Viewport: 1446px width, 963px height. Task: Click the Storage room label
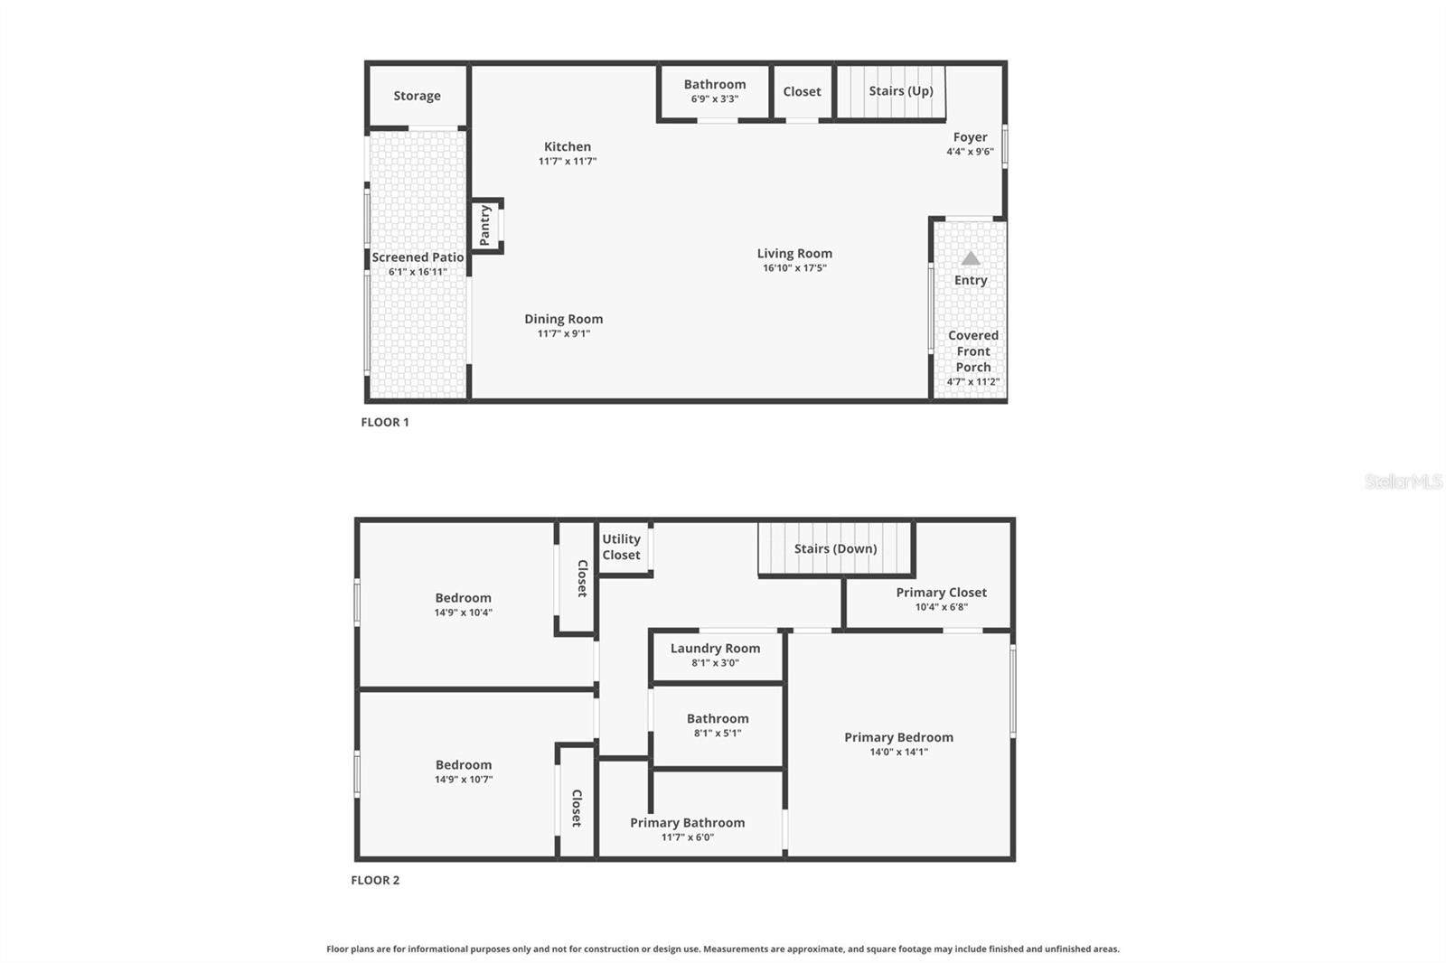point(417,96)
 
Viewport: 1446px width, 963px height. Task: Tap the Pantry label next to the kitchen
point(485,225)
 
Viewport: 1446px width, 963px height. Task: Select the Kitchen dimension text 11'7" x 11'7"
point(568,162)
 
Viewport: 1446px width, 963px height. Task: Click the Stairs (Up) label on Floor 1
point(900,91)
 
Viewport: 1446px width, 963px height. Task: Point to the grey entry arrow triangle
point(970,258)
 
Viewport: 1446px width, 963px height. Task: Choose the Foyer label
point(970,137)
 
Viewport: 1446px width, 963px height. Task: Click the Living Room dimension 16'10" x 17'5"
point(794,268)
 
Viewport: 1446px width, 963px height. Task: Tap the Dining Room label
point(563,319)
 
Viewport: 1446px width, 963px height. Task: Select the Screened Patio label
point(418,257)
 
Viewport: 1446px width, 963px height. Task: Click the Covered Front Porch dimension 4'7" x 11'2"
point(972,382)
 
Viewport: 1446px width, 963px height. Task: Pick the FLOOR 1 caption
point(385,422)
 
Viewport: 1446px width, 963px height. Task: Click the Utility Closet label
point(621,547)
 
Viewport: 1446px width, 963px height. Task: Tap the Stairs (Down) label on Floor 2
point(835,548)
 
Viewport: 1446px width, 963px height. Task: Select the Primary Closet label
point(941,593)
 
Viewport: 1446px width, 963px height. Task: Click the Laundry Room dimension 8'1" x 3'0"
point(715,663)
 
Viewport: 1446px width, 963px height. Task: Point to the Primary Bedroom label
point(898,737)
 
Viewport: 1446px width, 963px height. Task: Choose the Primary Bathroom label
point(687,822)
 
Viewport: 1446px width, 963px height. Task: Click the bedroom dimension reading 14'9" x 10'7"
point(463,780)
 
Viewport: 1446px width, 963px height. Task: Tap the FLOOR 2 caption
point(375,880)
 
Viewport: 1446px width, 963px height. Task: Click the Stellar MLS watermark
point(1403,481)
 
